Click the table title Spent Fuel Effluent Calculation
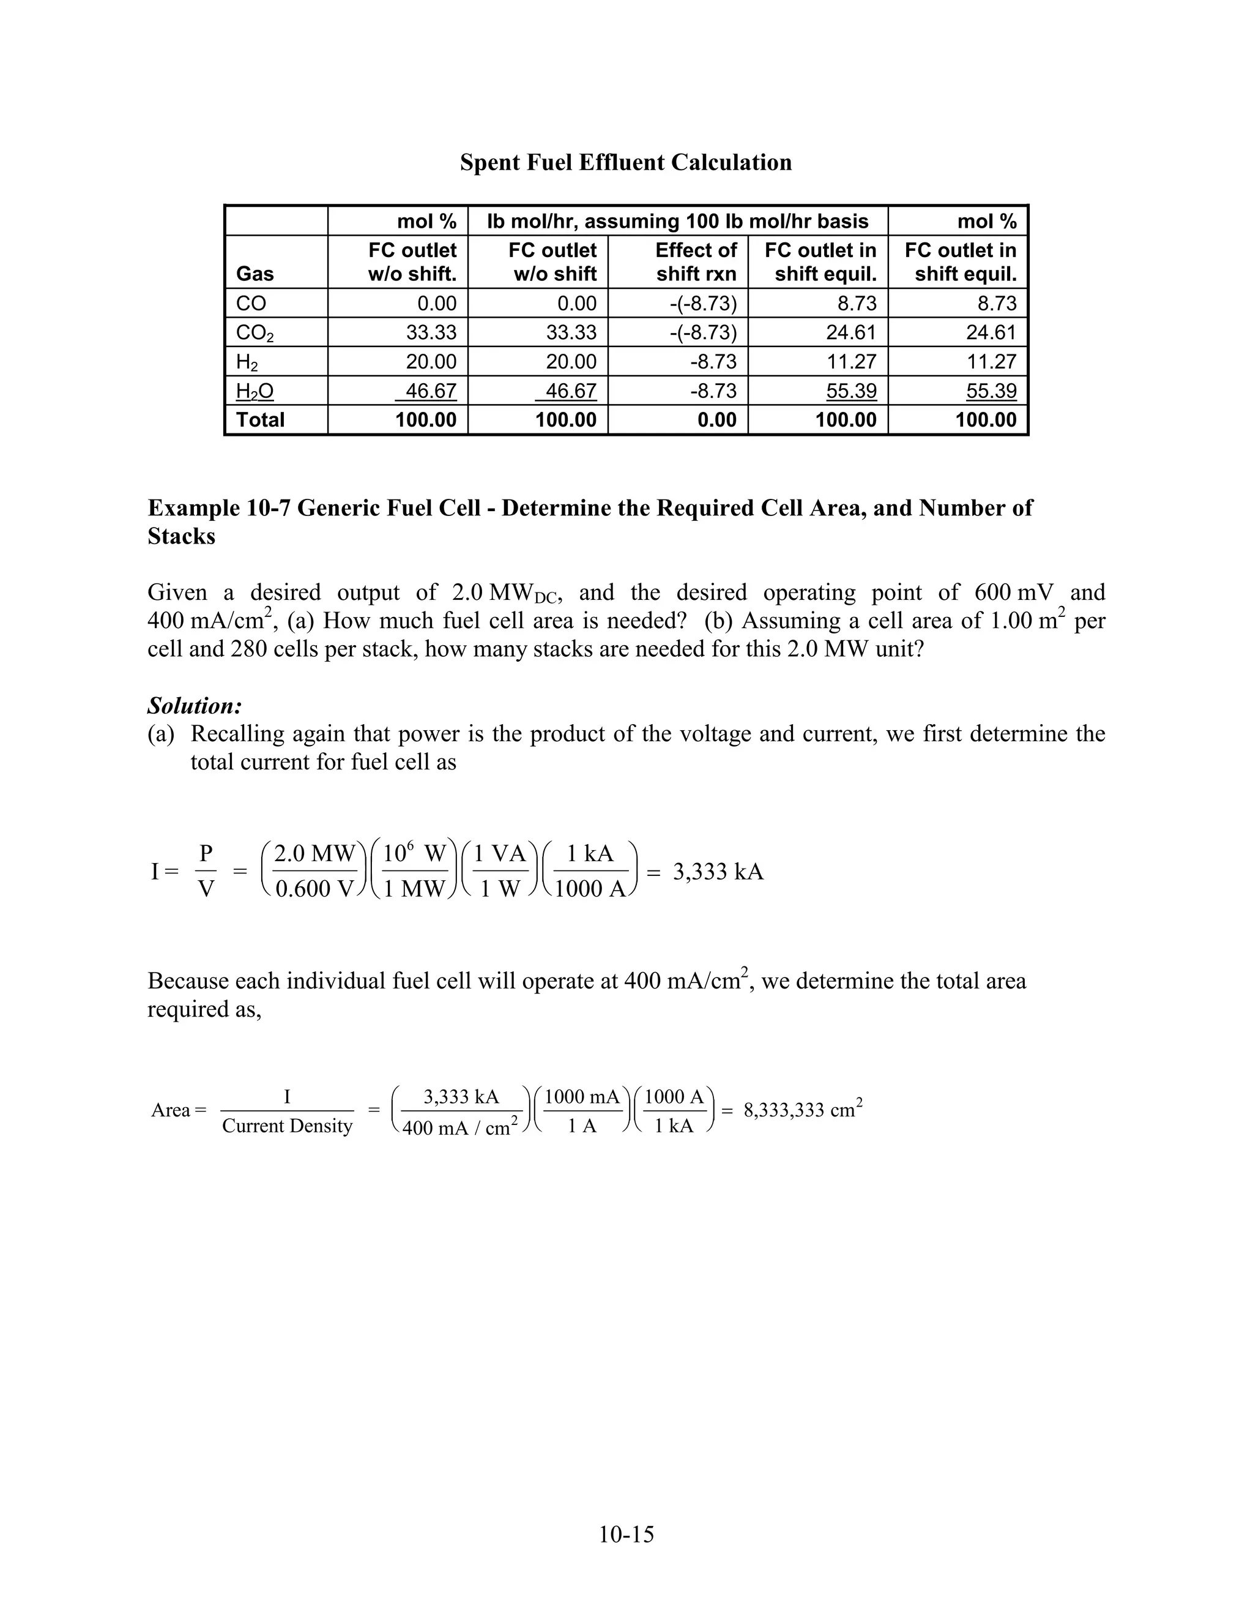tap(626, 162)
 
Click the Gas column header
tap(255, 274)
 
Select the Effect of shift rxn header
tap(696, 262)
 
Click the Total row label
tap(260, 420)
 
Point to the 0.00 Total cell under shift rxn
tap(716, 420)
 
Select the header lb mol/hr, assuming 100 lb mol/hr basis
tap(677, 222)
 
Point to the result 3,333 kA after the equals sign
tap(718, 871)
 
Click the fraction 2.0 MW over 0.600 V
tap(314, 870)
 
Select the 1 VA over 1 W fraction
tap(500, 870)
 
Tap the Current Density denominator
tap(288, 1126)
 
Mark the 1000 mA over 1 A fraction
tap(582, 1110)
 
